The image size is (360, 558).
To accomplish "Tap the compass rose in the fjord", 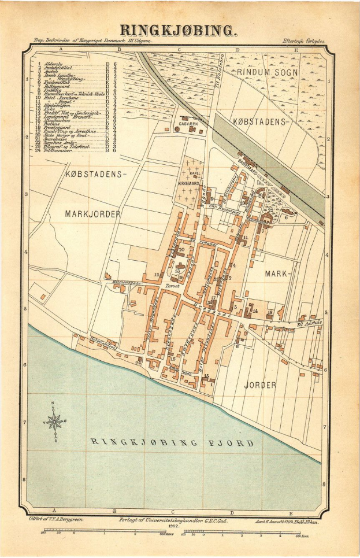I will (x=55, y=422).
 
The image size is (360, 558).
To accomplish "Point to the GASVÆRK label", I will (x=189, y=124).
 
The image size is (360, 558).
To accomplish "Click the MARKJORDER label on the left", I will (x=93, y=214).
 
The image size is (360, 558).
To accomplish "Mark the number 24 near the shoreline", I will (x=138, y=363).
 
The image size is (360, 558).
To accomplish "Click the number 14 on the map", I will (x=254, y=311).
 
